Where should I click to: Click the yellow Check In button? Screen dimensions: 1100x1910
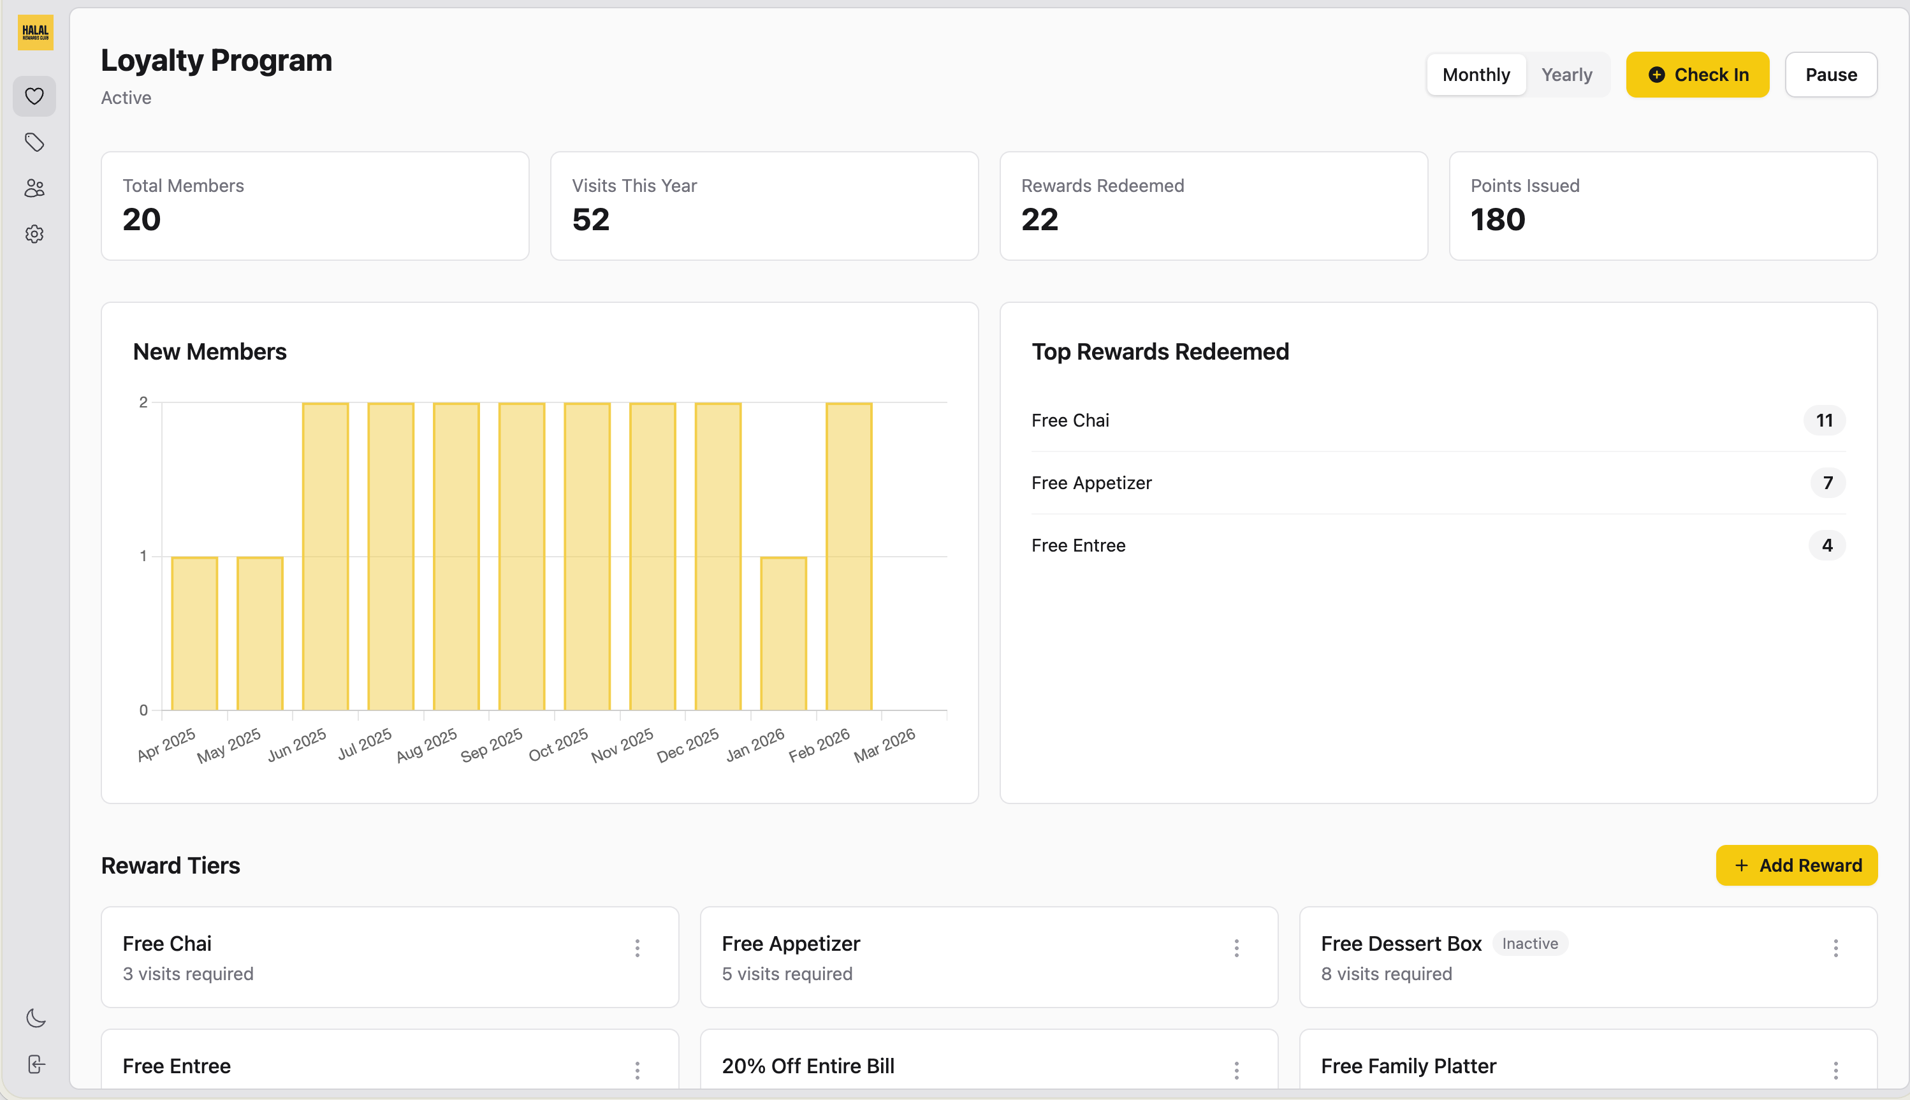tap(1697, 75)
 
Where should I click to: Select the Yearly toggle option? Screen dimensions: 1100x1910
tap(1566, 75)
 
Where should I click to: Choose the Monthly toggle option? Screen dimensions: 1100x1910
tap(1476, 75)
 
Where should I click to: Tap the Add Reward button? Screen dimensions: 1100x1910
tap(1796, 865)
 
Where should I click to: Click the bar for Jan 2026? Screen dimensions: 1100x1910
tap(783, 633)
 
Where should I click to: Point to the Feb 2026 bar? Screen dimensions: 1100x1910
tap(849, 556)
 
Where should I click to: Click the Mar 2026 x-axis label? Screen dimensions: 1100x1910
tap(884, 745)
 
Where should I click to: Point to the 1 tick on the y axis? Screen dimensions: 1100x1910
tap(143, 556)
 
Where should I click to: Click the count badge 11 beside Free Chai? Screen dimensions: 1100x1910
tap(1824, 420)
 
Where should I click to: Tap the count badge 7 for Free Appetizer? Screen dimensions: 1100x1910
tap(1827, 483)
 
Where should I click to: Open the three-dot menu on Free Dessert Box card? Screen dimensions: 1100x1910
tap(1835, 948)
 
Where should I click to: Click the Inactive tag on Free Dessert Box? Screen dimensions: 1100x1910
tap(1529, 944)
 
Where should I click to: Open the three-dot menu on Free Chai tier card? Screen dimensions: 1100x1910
tap(638, 948)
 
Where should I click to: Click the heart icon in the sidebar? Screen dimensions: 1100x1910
tap(34, 96)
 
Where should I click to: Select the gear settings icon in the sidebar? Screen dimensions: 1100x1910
tap(34, 234)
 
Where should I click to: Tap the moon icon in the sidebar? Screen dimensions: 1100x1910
tap(36, 1018)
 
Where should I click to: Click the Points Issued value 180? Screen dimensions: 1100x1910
tap(1498, 220)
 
